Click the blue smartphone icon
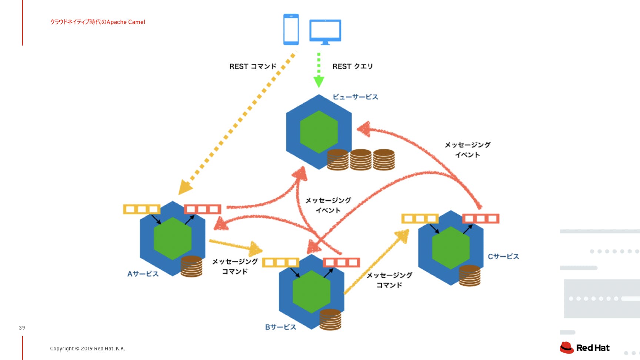291,29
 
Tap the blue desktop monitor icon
325,31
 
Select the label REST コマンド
253,66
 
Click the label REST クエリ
352,66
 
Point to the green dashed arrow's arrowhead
319,81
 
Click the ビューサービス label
355,97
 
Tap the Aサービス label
143,274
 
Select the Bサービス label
280,327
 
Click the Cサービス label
503,256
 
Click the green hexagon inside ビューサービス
319,132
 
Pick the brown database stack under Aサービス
191,266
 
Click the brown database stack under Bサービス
330,319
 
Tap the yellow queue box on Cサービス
420,219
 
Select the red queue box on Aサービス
202,209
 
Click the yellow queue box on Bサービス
280,263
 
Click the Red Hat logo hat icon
566,347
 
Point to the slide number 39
22,328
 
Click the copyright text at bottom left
87,349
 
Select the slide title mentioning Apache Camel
97,22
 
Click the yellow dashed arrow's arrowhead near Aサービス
184,187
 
